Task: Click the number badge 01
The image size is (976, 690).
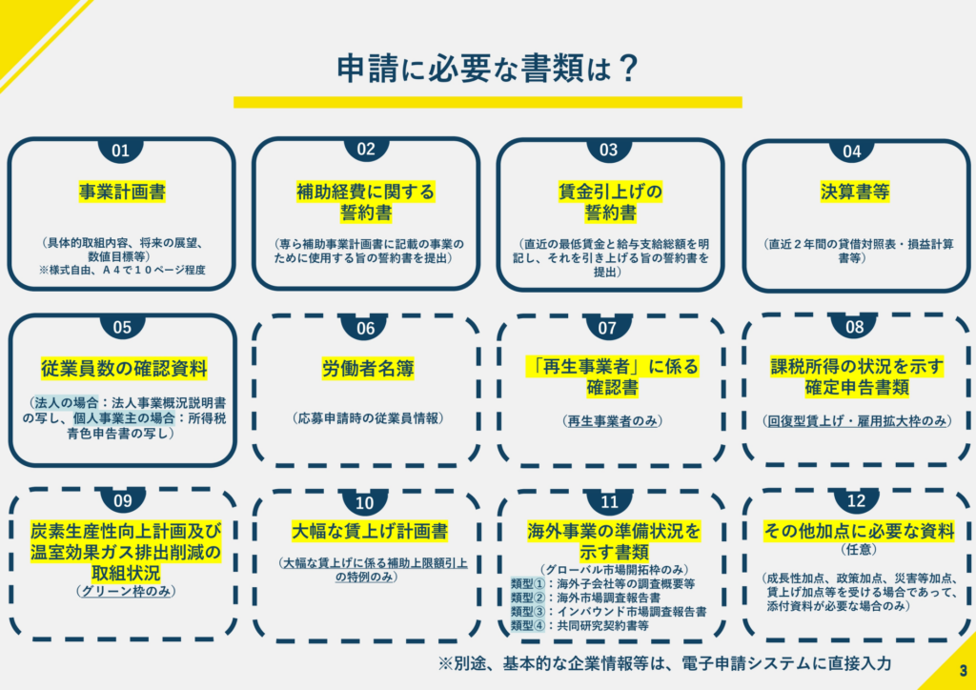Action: point(120,150)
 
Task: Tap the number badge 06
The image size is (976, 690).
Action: point(365,327)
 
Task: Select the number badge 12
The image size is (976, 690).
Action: point(856,501)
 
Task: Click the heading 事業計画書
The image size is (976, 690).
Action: point(122,193)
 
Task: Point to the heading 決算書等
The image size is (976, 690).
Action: point(855,193)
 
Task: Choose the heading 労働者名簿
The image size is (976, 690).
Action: point(368,369)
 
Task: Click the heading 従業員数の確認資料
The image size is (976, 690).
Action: point(124,369)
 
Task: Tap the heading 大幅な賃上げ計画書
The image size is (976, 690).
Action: point(370,531)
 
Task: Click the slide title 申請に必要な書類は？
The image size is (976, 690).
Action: point(488,68)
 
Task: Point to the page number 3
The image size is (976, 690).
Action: point(963,671)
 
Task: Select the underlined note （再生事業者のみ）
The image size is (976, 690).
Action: point(612,421)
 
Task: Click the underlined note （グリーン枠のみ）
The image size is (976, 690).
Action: point(125,591)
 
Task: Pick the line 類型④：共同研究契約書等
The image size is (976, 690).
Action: point(580,625)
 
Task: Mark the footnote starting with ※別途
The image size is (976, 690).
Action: point(664,663)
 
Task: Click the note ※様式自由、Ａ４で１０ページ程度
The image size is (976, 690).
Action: point(122,271)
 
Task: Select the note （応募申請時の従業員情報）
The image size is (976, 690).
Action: point(368,418)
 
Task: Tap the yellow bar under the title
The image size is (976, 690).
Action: point(488,102)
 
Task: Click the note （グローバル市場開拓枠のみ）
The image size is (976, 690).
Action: point(614,570)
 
